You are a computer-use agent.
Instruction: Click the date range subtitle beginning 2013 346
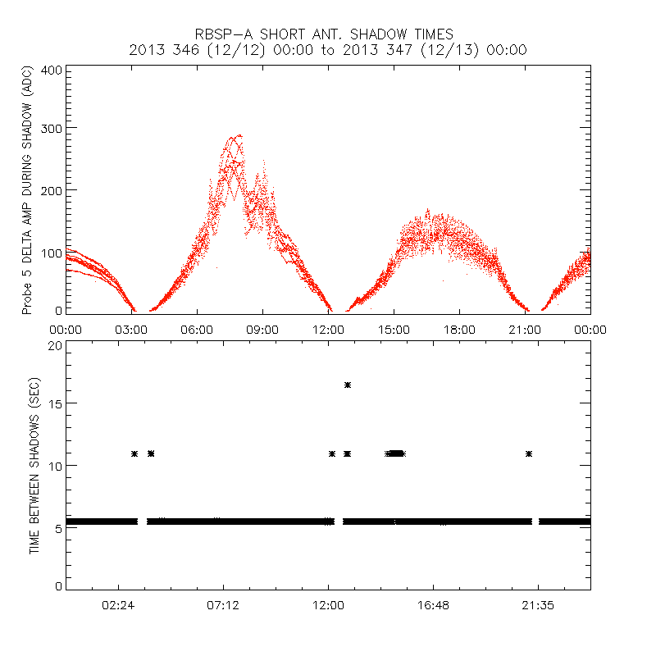tap(328, 50)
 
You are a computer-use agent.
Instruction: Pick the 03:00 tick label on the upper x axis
tap(131, 329)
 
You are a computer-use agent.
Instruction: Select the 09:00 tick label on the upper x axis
tap(262, 329)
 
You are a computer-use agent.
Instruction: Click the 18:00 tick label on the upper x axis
tap(459, 329)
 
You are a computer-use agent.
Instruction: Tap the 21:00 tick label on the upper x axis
tap(525, 329)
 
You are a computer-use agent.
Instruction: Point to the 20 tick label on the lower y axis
tap(55, 345)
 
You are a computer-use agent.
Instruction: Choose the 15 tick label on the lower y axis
tap(55, 403)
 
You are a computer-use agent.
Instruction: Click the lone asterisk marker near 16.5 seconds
tap(348, 385)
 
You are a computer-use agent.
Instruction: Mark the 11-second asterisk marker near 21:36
tap(529, 453)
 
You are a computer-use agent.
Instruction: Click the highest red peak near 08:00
tap(239, 135)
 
